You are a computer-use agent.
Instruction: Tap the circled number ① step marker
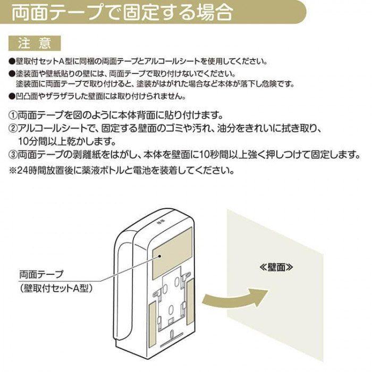[13, 115]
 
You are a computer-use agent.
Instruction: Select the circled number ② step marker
[13, 129]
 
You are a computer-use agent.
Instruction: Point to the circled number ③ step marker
[13, 155]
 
